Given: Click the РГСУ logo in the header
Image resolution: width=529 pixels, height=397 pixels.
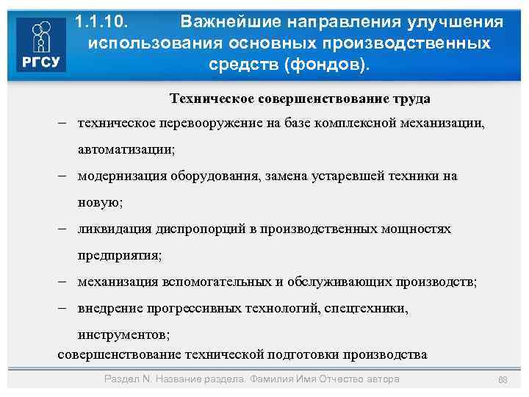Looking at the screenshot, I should click(40, 45).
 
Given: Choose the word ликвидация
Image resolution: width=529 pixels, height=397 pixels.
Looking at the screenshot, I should click(115, 229).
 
